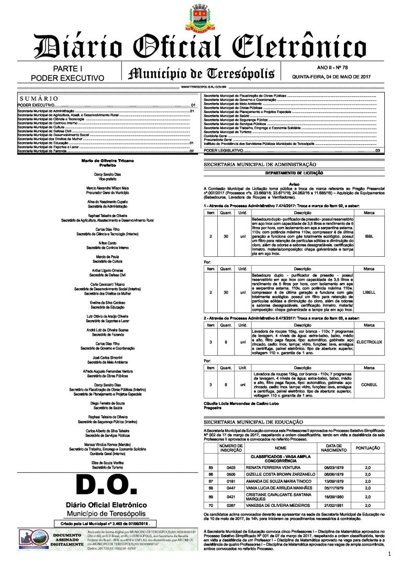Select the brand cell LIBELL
point(368,292)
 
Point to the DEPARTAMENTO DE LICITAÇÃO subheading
point(294,173)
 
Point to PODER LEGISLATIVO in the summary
point(223,151)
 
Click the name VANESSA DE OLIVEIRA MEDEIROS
point(275,506)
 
